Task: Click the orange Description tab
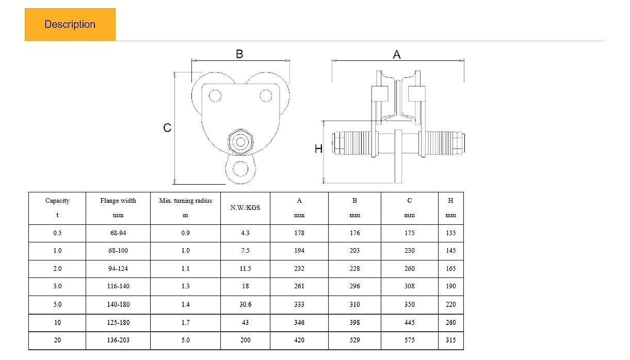tap(70, 24)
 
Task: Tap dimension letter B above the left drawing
tap(239, 54)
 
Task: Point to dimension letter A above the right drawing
tap(397, 55)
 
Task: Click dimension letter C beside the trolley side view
tap(167, 128)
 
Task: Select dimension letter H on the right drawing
tap(318, 149)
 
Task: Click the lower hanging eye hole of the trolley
tap(240, 169)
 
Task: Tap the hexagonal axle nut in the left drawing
tap(240, 142)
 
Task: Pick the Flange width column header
tap(118, 208)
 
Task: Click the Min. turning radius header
tap(185, 208)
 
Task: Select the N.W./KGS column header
tap(245, 208)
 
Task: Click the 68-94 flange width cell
tap(118, 233)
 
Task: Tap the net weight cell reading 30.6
tap(245, 304)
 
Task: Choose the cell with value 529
tap(354, 340)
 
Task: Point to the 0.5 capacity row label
tap(57, 233)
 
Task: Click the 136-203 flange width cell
tap(118, 340)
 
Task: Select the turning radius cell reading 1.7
tap(185, 322)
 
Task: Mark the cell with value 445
tap(410, 322)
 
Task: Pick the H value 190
tap(450, 286)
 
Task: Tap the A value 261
tap(299, 286)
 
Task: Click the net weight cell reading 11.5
tap(245, 269)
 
